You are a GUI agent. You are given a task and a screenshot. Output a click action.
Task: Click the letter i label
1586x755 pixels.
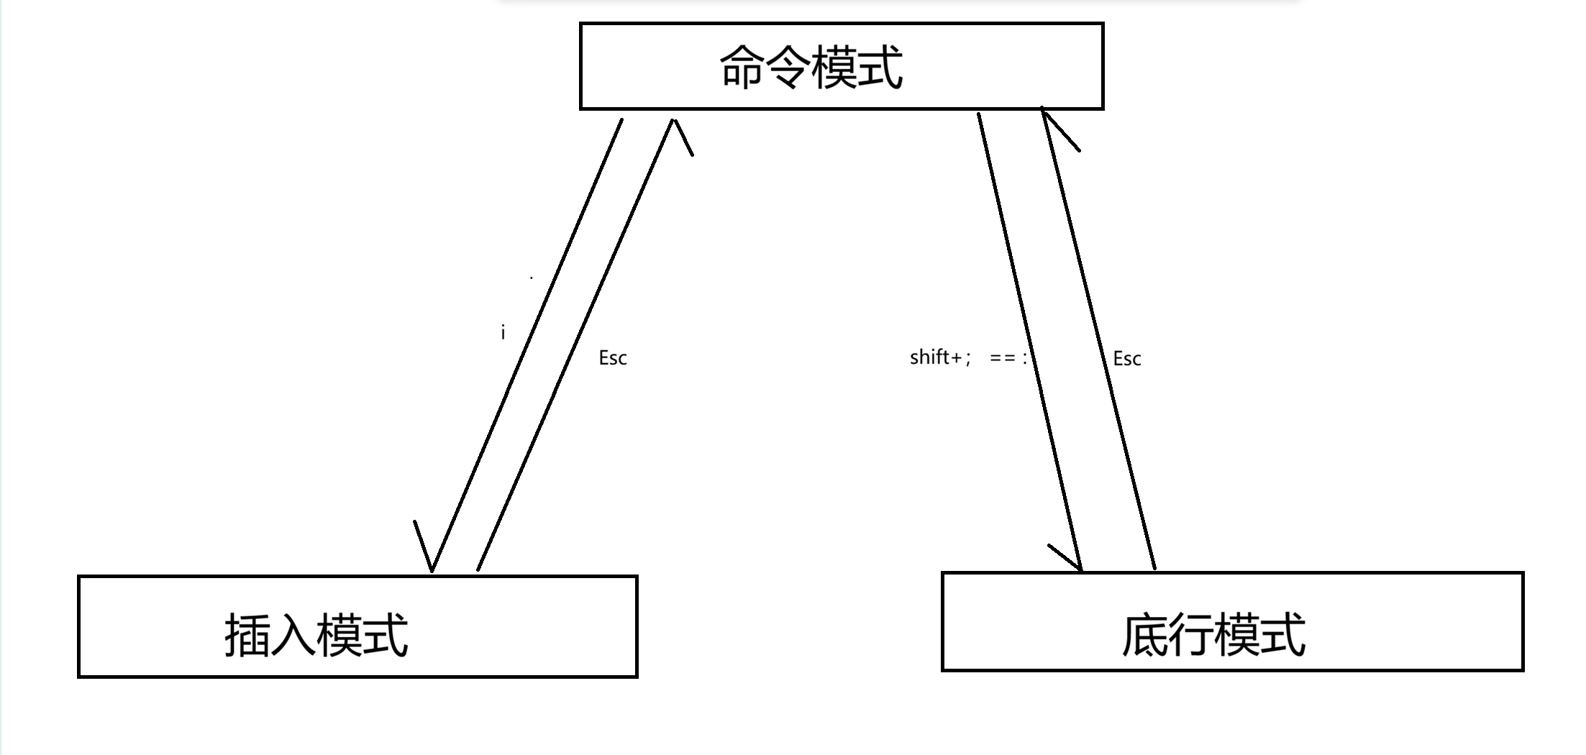tap(503, 332)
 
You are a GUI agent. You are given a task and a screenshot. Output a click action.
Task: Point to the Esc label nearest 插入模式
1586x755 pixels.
tap(613, 358)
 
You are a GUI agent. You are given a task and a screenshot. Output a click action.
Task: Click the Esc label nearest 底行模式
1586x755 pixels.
tap(1126, 359)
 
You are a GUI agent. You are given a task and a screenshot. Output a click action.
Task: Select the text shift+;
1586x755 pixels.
tap(940, 357)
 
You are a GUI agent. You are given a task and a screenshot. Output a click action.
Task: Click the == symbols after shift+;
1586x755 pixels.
tap(1002, 358)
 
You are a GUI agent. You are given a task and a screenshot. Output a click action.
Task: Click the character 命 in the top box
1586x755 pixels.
tap(742, 67)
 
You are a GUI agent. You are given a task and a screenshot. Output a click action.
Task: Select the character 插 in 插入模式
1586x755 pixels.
tap(247, 635)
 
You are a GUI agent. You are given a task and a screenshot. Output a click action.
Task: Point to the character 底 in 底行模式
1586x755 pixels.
tap(1144, 635)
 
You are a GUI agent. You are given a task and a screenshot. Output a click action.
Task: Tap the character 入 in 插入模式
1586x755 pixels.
tap(293, 635)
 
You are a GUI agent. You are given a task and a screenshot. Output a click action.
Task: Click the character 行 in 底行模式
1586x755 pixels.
tap(1190, 635)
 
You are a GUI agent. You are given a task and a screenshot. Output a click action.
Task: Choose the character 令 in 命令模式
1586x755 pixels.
tap(788, 67)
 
